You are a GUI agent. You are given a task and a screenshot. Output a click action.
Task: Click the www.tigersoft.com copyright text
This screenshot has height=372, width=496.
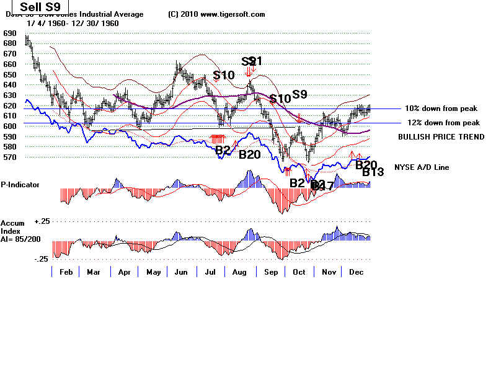click(216, 14)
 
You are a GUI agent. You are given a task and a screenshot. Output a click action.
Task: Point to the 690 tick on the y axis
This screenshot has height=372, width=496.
click(9, 33)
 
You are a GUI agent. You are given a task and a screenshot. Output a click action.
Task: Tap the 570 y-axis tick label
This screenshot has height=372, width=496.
click(9, 157)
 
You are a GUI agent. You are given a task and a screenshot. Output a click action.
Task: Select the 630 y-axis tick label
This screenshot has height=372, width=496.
click(9, 95)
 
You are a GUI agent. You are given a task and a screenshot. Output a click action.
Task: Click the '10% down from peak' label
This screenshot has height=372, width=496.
click(442, 108)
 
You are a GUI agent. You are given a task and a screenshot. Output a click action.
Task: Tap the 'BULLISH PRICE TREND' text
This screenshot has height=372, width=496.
click(441, 137)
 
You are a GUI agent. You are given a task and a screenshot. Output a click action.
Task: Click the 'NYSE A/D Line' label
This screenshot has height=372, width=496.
click(421, 167)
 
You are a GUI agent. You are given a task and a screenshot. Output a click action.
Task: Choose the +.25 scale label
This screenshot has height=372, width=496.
click(42, 221)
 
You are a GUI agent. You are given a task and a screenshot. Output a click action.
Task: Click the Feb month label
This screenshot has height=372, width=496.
click(66, 272)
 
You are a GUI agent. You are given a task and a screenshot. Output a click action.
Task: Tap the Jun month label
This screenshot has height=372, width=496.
click(182, 272)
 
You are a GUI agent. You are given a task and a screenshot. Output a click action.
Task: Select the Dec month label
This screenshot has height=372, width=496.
click(356, 272)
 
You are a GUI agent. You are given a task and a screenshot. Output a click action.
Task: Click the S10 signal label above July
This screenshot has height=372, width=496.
click(223, 76)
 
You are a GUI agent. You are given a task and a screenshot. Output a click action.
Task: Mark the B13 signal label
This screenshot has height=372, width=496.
click(373, 172)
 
